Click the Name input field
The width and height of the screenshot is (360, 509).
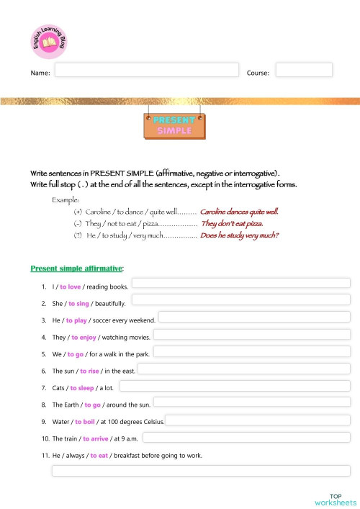[146, 70]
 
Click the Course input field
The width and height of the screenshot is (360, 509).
[304, 70]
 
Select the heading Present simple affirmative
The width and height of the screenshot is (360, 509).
[76, 268]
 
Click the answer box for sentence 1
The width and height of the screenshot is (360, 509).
[240, 283]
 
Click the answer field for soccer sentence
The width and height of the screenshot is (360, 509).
[254, 317]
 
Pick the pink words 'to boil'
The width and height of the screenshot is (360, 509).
[86, 421]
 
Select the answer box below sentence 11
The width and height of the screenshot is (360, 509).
[201, 471]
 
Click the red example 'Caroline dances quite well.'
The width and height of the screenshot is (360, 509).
[239, 212]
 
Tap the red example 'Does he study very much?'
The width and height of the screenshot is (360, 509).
[240, 235]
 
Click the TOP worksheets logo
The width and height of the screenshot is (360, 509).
[335, 499]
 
